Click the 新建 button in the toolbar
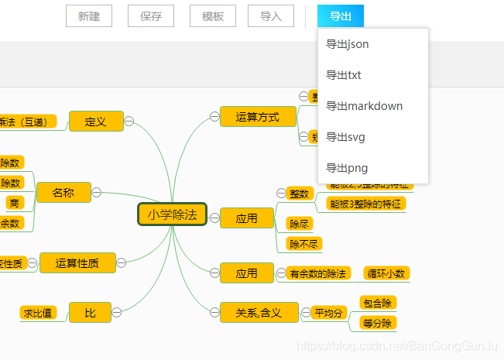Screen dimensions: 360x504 (89, 16)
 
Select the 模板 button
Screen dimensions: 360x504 (213, 16)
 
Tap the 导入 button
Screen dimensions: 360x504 (271, 16)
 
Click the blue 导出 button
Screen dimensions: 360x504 (341, 16)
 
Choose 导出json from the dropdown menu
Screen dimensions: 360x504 (348, 44)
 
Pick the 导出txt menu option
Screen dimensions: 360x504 (344, 75)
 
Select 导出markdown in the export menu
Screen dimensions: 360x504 (365, 106)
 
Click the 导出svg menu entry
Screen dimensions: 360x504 (345, 137)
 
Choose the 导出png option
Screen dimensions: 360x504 (347, 168)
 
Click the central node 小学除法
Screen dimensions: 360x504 (173, 214)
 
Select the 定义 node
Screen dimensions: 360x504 (96, 122)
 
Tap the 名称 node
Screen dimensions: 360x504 (63, 193)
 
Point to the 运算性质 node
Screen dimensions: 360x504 (77, 263)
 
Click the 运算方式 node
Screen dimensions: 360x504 (258, 117)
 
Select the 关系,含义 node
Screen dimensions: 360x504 (258, 312)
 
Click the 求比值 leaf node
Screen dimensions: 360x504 (38, 313)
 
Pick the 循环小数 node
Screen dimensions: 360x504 (386, 273)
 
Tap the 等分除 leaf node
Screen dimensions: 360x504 (379, 323)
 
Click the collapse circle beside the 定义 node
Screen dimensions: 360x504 (130, 121)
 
